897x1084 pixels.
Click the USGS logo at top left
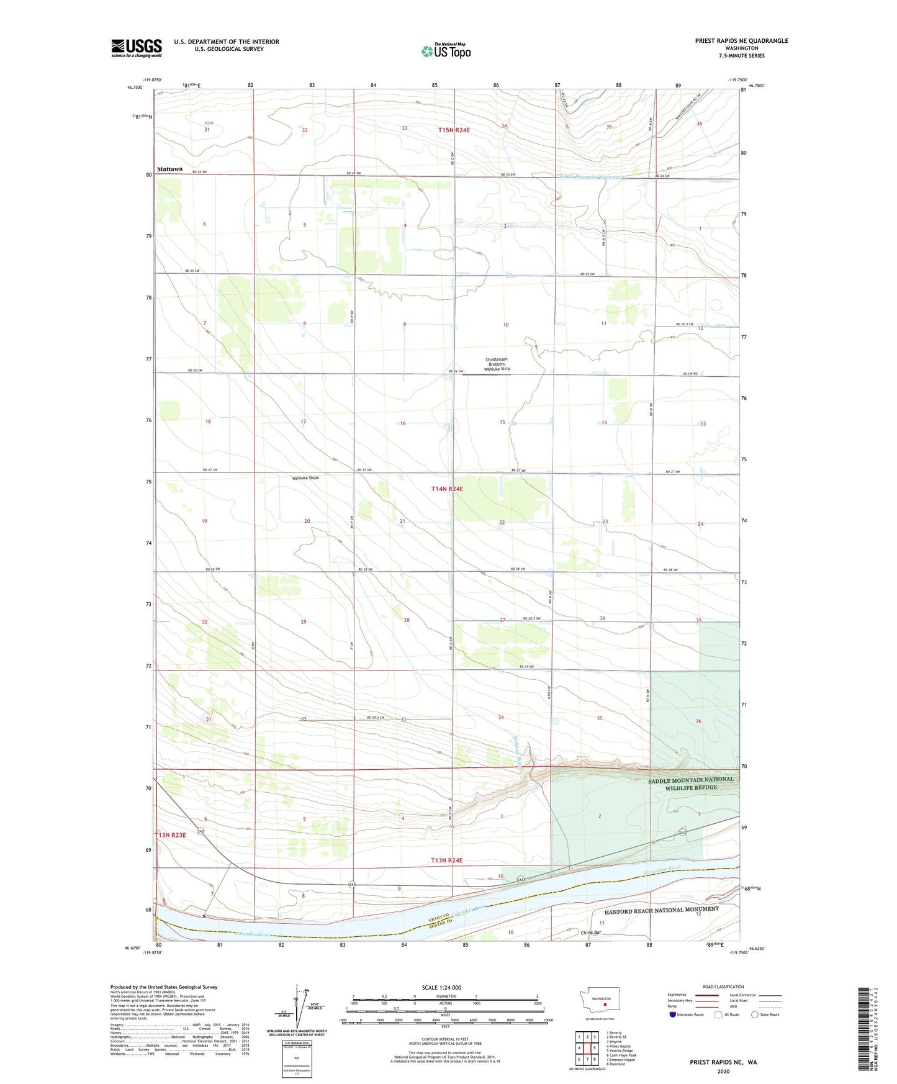point(137,48)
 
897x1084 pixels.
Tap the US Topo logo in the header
point(446,51)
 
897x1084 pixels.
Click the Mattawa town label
point(169,169)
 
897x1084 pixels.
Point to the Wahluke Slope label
point(305,478)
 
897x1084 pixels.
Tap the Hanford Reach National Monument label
point(661,909)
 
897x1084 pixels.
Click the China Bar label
point(591,933)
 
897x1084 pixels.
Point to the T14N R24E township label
point(447,489)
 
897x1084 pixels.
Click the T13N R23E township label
point(170,835)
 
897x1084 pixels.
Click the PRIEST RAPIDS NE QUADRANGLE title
point(741,41)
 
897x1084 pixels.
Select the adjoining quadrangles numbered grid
point(587,1048)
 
